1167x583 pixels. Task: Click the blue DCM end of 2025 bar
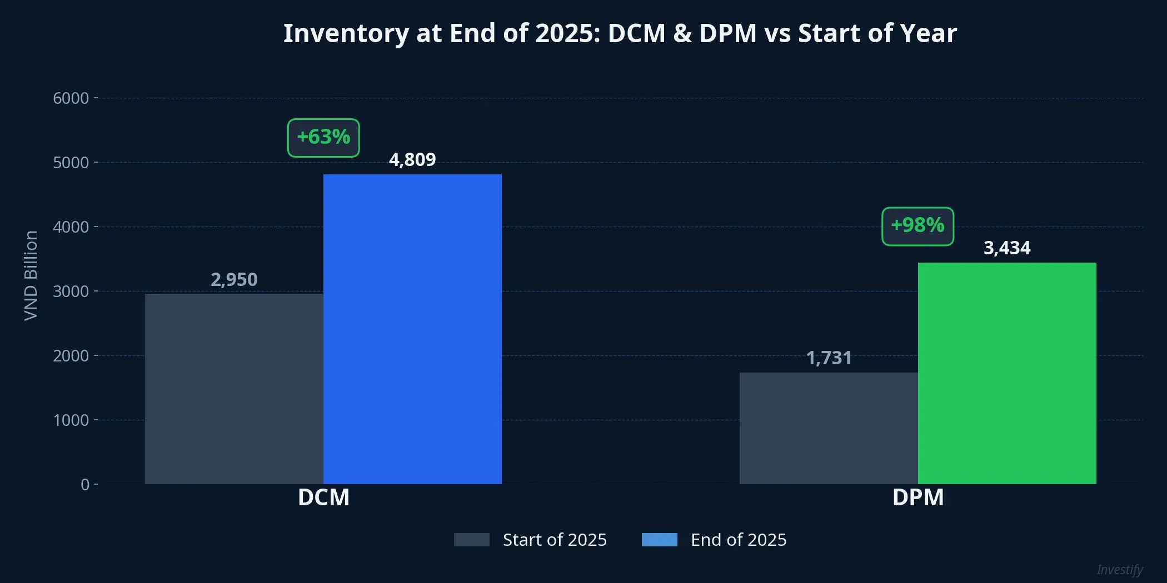coord(412,329)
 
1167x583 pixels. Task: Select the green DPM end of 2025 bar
coord(1007,373)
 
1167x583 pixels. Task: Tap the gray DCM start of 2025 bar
coord(234,389)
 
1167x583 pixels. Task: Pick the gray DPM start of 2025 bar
coord(829,428)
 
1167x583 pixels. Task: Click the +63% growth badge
coord(323,138)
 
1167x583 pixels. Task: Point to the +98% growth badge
coord(917,226)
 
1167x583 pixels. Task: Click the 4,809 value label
coord(412,160)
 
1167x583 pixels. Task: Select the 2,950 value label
coord(234,279)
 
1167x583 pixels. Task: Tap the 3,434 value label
coord(1007,248)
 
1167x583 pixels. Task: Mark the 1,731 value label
coord(829,358)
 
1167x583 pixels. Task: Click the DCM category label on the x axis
coord(323,497)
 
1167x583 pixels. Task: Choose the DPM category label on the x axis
coord(917,497)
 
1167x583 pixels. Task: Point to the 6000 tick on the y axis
coord(71,98)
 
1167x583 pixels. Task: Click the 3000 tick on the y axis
coord(71,291)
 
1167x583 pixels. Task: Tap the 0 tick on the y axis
coord(84,485)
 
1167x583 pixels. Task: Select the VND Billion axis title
coord(31,275)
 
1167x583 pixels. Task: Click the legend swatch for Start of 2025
coord(471,540)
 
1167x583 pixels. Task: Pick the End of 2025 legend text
coord(738,540)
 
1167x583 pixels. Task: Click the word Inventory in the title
coord(346,33)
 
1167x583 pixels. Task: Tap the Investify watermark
coord(1119,570)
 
